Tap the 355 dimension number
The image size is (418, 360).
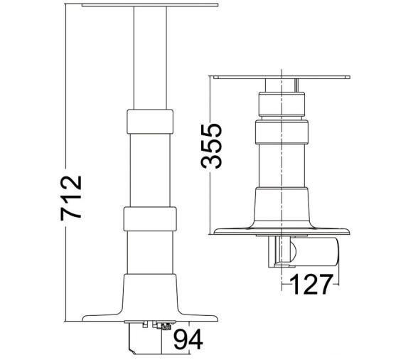(x=211, y=146)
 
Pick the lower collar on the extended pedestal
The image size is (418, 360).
(x=149, y=218)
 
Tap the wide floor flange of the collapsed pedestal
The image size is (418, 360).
(x=283, y=231)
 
